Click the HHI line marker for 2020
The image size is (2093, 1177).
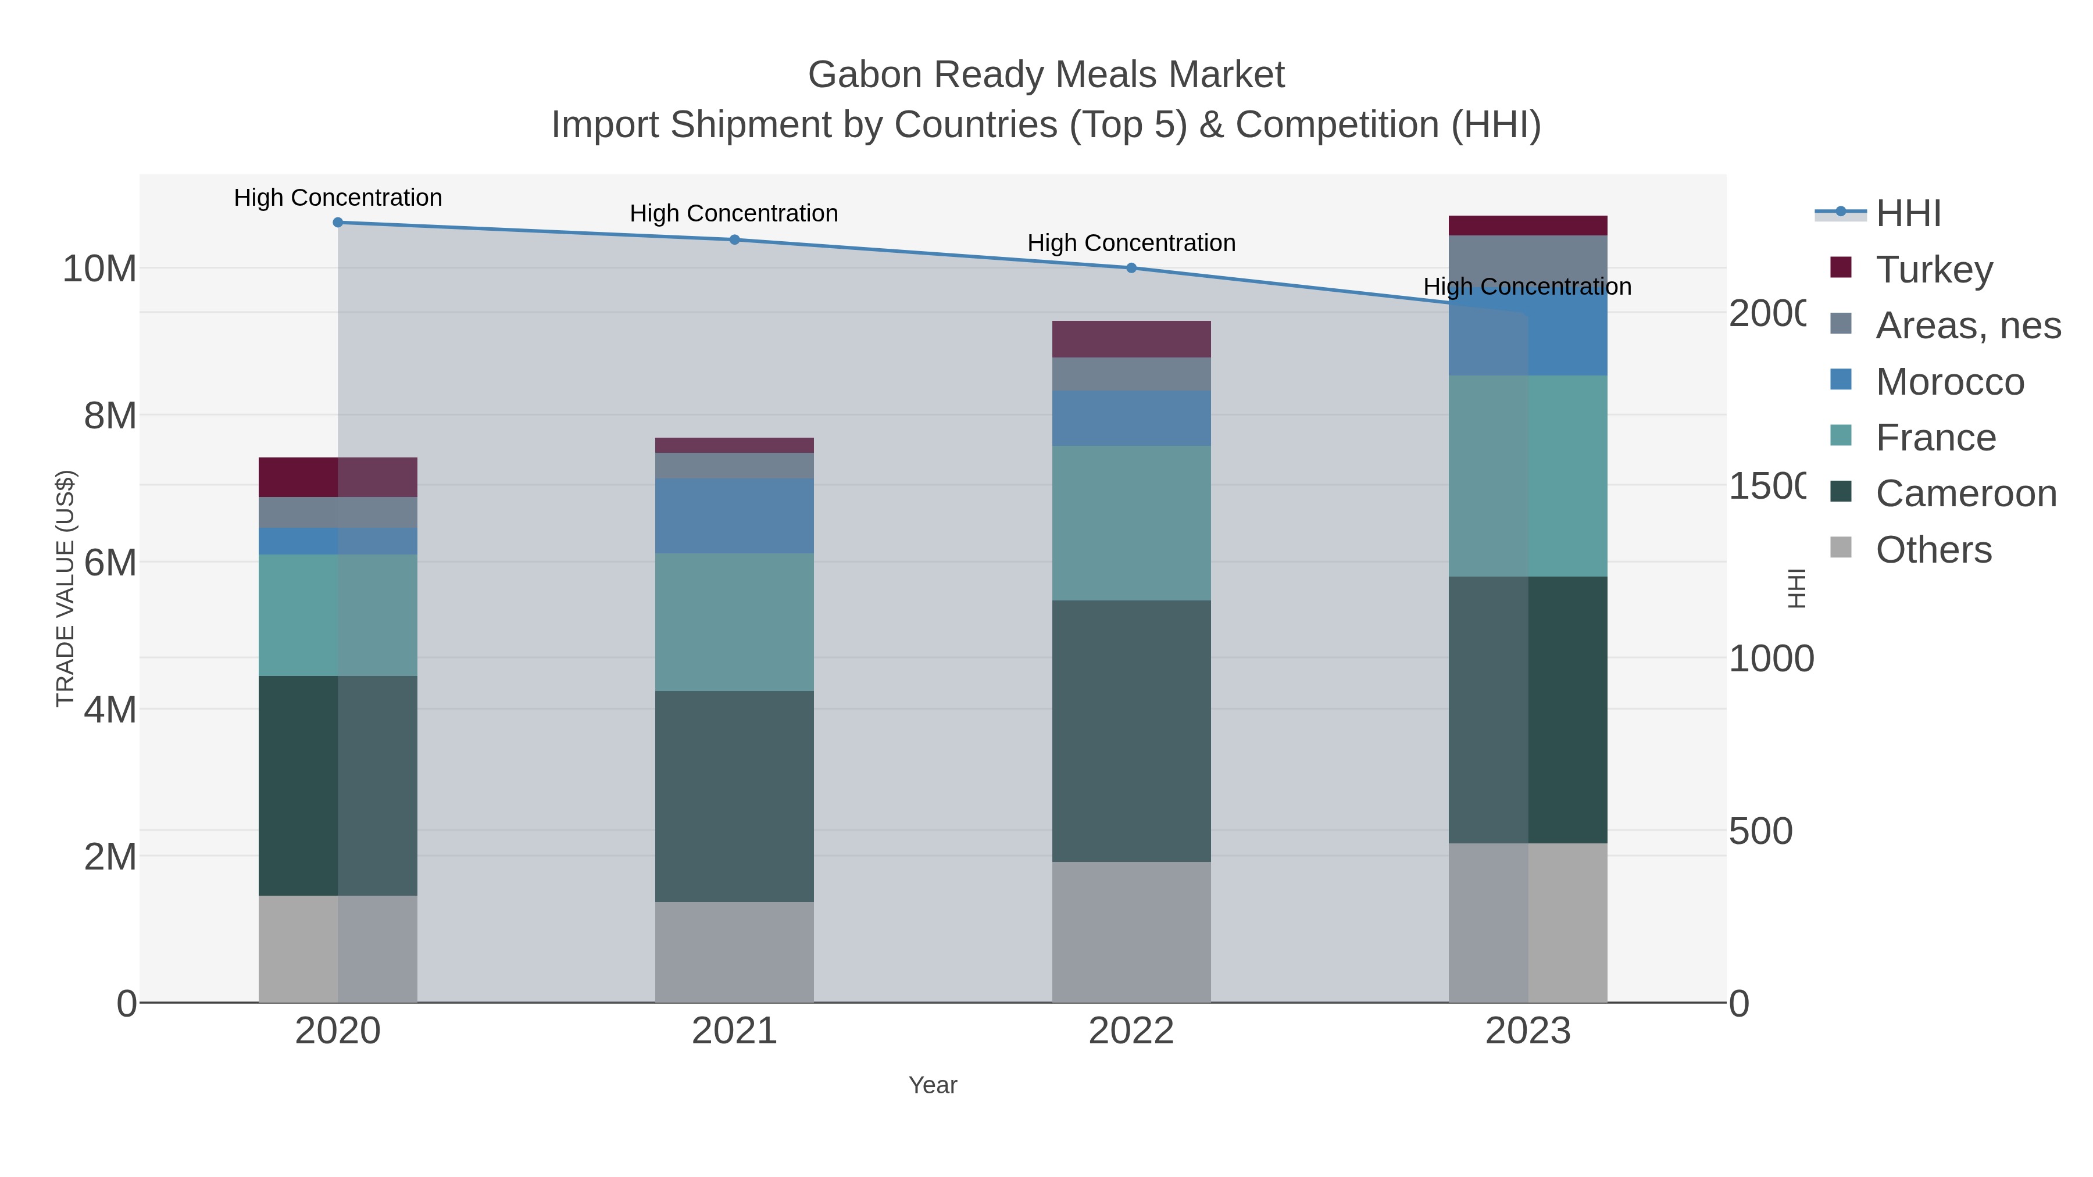(338, 223)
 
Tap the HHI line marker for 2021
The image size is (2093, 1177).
(734, 239)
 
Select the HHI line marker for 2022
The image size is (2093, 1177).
(1131, 268)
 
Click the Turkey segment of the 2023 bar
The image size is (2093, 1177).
(1527, 226)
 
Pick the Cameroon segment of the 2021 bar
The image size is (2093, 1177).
(734, 796)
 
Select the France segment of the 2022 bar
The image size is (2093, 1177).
(1131, 523)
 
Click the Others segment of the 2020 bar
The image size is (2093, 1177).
(338, 949)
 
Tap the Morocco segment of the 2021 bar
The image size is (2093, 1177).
(734, 516)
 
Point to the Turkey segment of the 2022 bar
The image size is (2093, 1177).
(1131, 339)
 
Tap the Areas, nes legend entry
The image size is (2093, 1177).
(1967, 325)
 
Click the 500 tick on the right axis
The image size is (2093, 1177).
(1760, 832)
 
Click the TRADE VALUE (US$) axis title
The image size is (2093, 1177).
(65, 588)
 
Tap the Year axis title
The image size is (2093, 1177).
(933, 1085)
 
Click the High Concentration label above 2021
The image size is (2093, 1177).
(734, 214)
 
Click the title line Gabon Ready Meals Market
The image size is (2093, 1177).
(1046, 75)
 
